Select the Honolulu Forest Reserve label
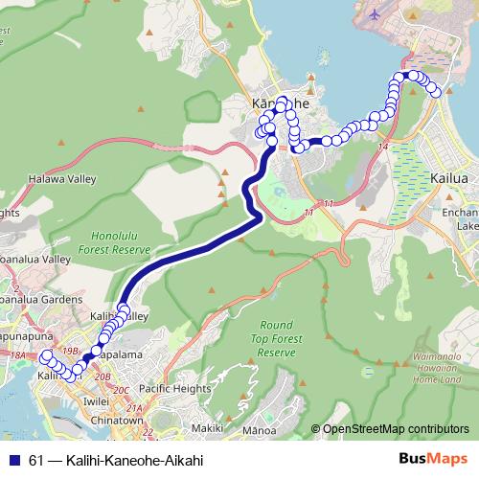121,241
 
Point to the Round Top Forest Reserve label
276,338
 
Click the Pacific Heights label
174,389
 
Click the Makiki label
207,427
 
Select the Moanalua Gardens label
36,297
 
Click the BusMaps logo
428,459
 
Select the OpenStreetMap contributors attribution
396,428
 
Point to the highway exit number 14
383,146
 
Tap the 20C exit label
120,391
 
